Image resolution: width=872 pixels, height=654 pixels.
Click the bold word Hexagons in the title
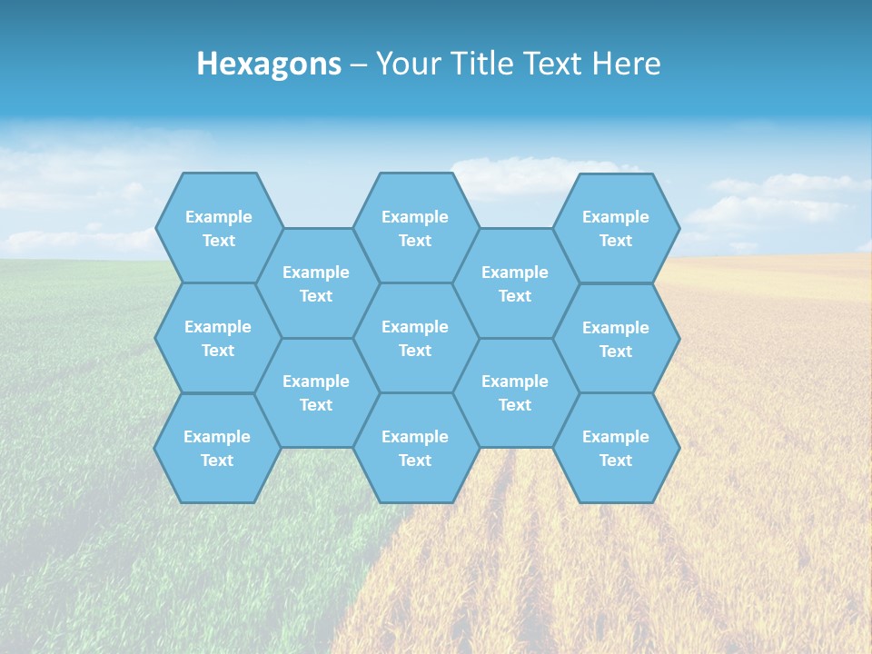269,64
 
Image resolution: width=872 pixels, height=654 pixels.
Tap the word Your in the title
405,64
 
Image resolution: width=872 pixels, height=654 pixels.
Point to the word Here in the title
626,64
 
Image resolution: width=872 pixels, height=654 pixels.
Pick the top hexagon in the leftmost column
218,228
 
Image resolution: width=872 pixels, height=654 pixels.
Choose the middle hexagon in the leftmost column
218,338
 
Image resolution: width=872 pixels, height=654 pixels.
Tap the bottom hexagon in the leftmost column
217,448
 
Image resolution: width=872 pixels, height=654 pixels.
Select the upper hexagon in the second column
316,283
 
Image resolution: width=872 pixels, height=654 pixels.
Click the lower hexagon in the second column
316,392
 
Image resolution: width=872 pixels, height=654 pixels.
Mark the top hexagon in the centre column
415,228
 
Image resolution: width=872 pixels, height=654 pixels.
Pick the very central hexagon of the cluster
415,338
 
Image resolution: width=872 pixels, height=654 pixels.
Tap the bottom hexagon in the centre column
415,448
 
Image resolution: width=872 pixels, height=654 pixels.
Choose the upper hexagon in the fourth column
515,283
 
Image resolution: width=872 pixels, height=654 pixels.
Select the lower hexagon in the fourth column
515,392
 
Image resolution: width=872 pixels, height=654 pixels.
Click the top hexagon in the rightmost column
616,228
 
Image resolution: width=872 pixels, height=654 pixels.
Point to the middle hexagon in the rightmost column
616,339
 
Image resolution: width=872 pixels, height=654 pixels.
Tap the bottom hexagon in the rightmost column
616,448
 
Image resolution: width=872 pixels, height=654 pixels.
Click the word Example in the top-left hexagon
218,217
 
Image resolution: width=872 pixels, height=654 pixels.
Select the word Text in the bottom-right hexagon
616,461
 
